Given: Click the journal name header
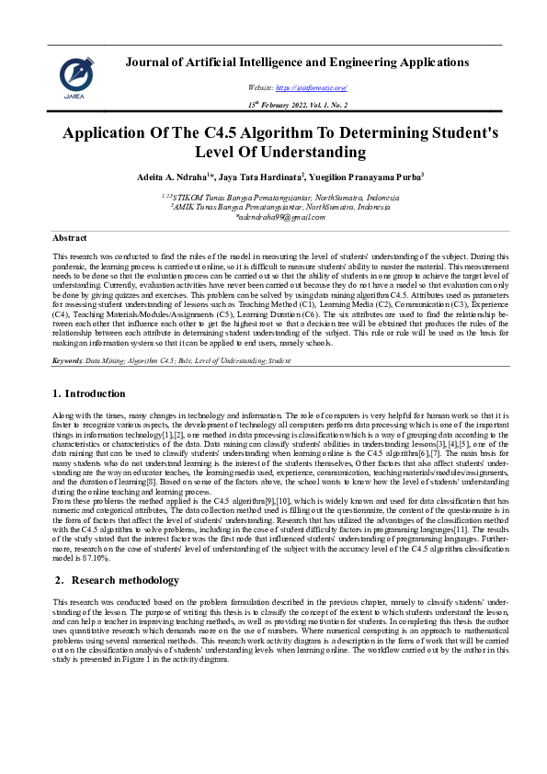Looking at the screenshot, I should (x=298, y=63).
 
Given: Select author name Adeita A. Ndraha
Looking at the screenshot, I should (x=200, y=176).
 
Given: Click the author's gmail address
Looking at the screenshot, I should (x=276, y=218).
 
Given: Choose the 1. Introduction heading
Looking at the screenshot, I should (x=89, y=393).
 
